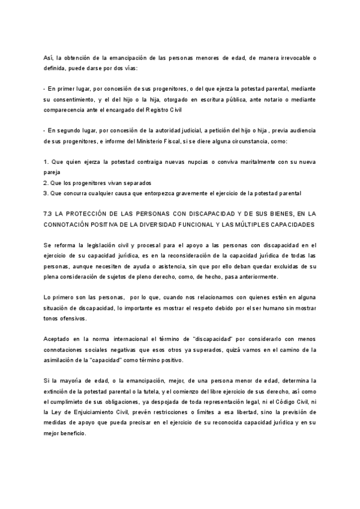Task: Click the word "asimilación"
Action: [63, 360]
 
